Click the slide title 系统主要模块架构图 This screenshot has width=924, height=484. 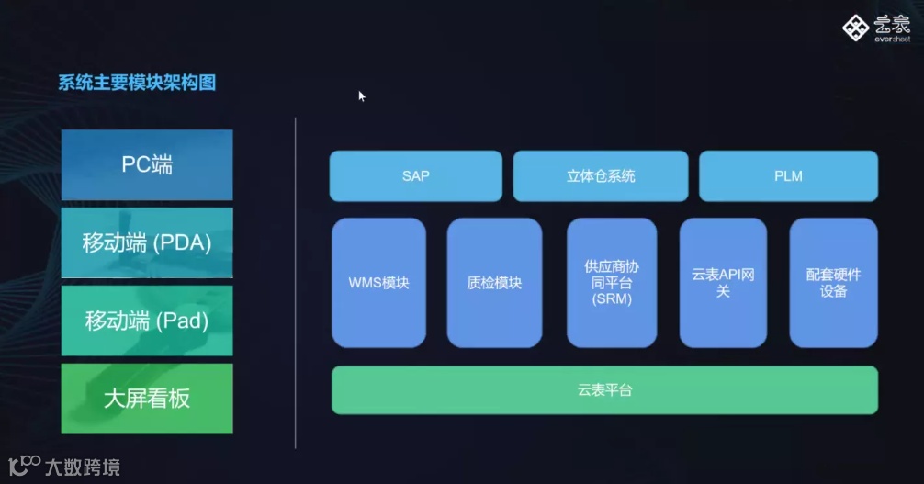[137, 84]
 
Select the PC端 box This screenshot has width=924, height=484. [147, 165]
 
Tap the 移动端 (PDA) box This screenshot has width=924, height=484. [147, 243]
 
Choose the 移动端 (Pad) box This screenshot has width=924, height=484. [147, 321]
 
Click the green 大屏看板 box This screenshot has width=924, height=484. [147, 399]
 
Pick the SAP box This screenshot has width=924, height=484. [415, 176]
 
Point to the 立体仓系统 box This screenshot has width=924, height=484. [601, 176]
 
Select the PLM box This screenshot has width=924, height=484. [788, 176]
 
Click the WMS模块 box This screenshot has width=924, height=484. [378, 283]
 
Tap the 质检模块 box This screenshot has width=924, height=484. [494, 283]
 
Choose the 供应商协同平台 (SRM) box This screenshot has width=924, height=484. [612, 283]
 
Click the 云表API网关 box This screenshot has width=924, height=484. [723, 283]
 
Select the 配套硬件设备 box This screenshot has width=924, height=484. [833, 283]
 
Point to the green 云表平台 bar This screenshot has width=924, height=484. [604, 390]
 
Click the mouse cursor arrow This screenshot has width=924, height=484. [362, 96]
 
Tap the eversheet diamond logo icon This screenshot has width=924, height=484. [855, 28]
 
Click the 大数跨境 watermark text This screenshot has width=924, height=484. [82, 467]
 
